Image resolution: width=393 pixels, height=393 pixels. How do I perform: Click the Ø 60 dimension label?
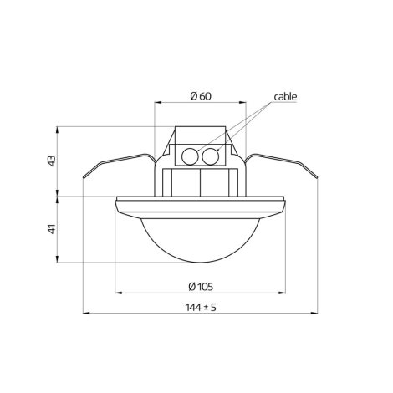(201, 96)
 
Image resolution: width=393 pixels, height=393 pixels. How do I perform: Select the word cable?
(285, 97)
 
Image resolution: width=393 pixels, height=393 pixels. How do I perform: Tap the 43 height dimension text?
(52, 161)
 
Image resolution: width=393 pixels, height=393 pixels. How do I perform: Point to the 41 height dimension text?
(52, 229)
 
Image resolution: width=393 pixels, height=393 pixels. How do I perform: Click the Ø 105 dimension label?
(201, 287)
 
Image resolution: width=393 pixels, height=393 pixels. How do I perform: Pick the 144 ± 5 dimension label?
(201, 308)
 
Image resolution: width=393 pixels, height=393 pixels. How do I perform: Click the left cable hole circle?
(190, 156)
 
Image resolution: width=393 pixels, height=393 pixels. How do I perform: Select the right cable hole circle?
(211, 156)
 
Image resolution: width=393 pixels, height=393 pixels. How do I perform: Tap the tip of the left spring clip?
(83, 177)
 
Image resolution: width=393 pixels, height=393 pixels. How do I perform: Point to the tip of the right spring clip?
(318, 177)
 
